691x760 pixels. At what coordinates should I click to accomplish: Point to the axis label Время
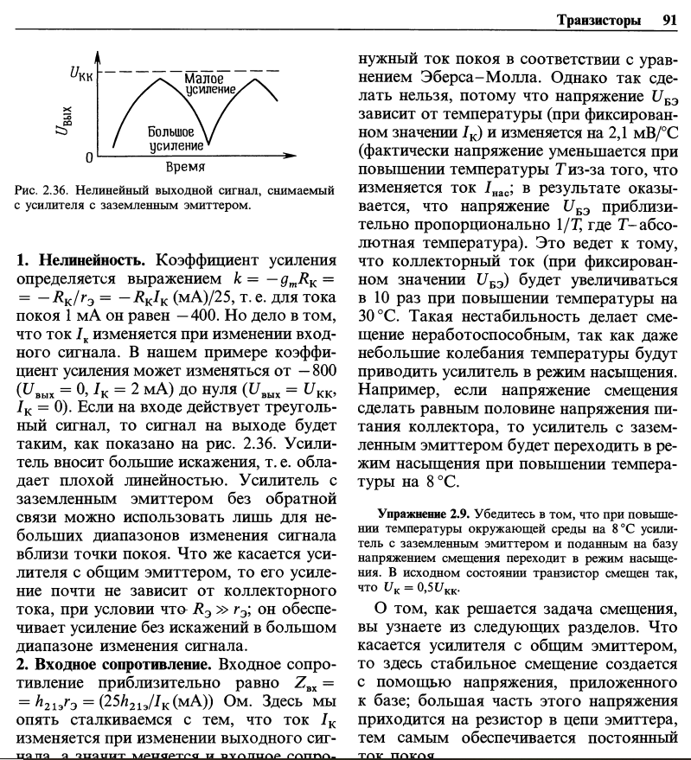coord(184,165)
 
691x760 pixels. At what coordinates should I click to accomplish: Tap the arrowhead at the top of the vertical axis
coord(98,54)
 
